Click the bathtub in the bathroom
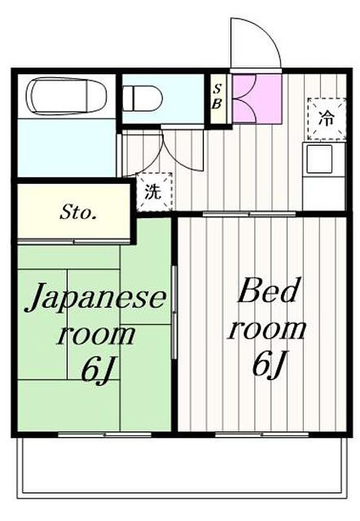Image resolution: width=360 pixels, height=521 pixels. click(68, 96)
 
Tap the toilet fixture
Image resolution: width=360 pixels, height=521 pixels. click(142, 96)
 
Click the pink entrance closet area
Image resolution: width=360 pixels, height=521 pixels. click(256, 98)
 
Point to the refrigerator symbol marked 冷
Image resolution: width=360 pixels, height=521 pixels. click(325, 118)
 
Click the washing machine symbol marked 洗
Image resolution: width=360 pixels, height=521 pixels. click(153, 191)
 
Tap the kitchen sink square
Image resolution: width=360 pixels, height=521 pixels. click(319, 159)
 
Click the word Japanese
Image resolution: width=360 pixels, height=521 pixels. click(97, 298)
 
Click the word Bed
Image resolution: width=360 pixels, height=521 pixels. click(267, 292)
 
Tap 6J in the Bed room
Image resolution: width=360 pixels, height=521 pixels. click(268, 364)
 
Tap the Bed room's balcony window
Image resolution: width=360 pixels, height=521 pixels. click(262, 435)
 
